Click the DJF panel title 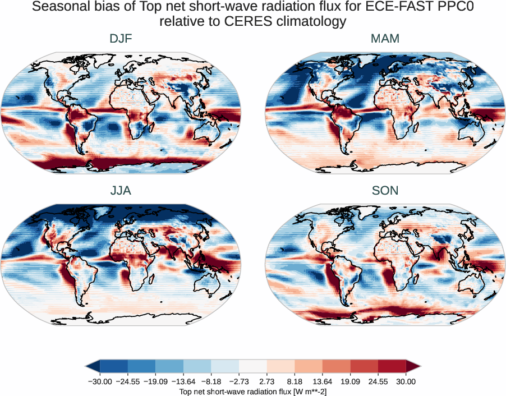pyautogui.click(x=121, y=39)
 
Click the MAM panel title pyautogui.click(x=385, y=39)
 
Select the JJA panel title pyautogui.click(x=121, y=191)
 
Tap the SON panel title pyautogui.click(x=385, y=191)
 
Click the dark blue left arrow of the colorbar pyautogui.click(x=93, y=367)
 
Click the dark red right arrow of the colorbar pyautogui.click(x=413, y=367)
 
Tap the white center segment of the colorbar pyautogui.click(x=252, y=367)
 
